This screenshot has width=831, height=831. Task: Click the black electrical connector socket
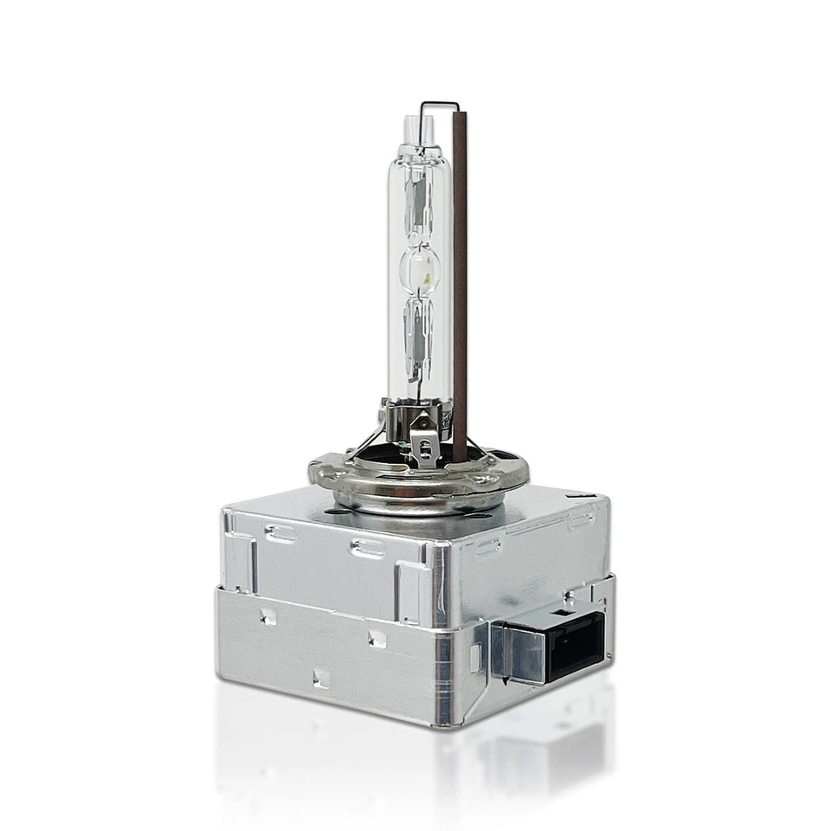tap(575, 644)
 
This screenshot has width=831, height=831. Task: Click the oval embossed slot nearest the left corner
tap(281, 534)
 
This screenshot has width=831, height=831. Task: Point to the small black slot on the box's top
tap(583, 496)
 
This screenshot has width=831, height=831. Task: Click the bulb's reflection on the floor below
tap(415, 762)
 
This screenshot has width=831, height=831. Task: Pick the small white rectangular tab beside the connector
tap(475, 658)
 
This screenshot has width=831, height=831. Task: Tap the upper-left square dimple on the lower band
tap(267, 616)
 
